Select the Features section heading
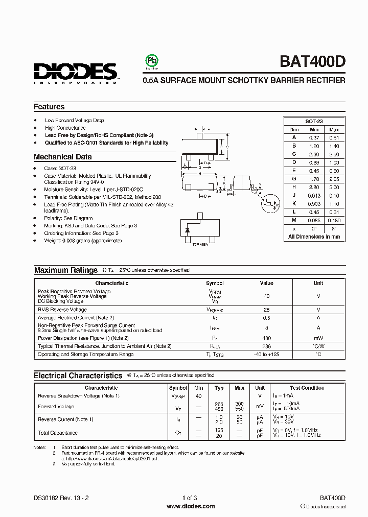pos(49,107)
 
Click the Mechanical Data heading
pos(63,157)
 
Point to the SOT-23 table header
pos(314,122)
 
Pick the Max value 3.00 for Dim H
pos(334,187)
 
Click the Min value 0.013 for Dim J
pos(314,196)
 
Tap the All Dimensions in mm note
pos(314,237)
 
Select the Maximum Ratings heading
pos(65,270)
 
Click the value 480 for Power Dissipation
pos(266,338)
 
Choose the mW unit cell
pos(318,338)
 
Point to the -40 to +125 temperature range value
pos(266,354)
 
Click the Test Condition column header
pos(307,388)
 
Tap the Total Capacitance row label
pos(58,433)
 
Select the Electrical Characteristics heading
pos(78,375)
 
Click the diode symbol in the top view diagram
pos(188,230)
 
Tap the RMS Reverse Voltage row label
pos(62,310)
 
